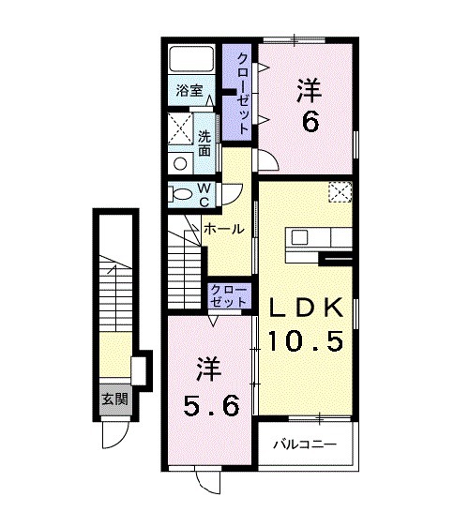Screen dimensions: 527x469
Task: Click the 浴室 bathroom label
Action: (x=189, y=91)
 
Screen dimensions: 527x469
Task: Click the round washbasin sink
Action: (x=180, y=161)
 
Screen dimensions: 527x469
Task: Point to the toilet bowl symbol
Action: (x=177, y=194)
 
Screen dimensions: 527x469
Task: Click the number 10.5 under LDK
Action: (x=308, y=340)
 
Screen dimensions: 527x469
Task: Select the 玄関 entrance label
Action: (x=114, y=398)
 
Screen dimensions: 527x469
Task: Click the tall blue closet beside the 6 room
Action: (x=241, y=92)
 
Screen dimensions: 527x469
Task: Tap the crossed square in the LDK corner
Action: (x=340, y=191)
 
